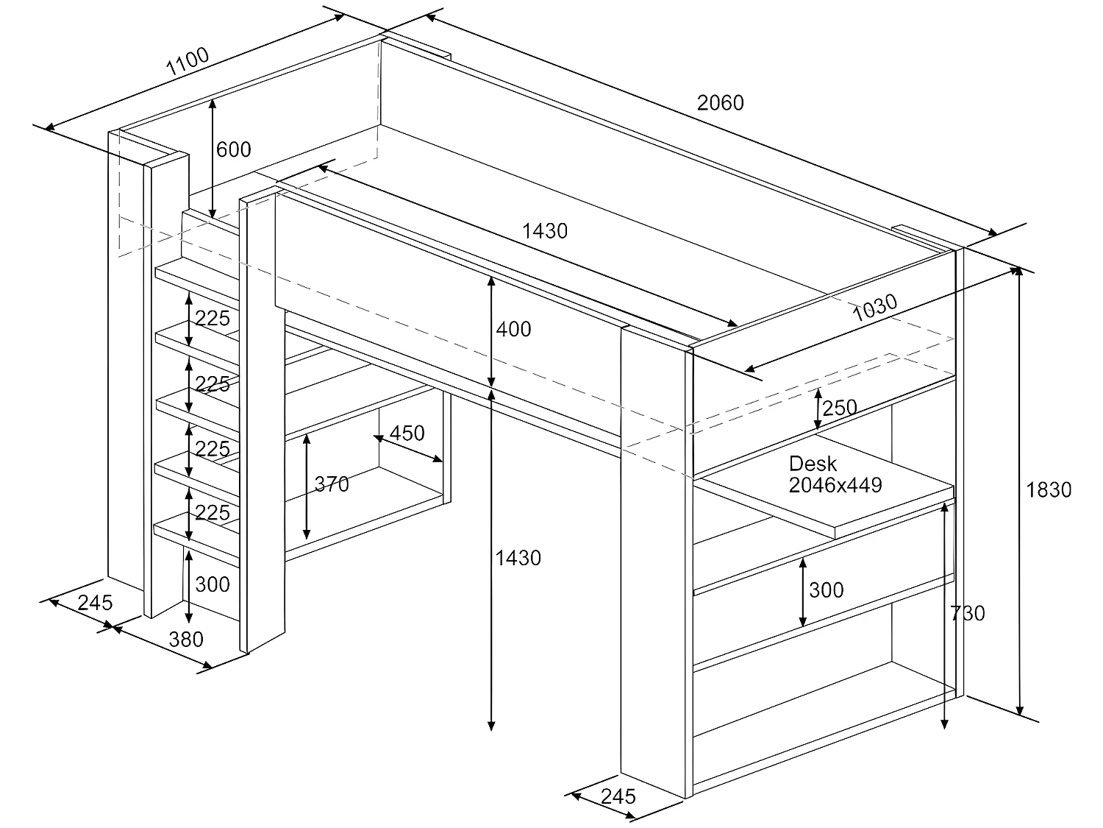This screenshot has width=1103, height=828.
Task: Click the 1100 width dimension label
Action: pos(188,63)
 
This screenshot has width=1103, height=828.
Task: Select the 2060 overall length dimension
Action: pos(720,102)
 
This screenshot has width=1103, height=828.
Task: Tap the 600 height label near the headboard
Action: pos(234,149)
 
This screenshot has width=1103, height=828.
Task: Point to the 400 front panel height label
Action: pos(513,329)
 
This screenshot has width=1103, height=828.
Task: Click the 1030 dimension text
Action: pos(875,308)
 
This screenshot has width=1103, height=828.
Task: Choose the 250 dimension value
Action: pos(840,408)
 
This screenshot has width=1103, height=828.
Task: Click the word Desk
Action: pos(813,464)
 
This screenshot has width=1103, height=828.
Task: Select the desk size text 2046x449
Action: pos(835,485)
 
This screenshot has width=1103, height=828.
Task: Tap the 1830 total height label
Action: pos(1049,489)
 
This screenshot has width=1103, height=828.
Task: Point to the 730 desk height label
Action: pos(967,612)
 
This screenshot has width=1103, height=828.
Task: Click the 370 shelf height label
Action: pos(332,484)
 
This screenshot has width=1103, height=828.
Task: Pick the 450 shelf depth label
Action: pos(407,433)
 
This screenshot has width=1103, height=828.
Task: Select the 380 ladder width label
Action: pos(186,639)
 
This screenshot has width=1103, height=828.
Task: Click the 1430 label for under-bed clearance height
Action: pos(518,558)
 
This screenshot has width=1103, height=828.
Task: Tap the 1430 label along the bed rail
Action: pos(545,230)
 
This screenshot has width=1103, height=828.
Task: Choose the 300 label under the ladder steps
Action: pos(213,584)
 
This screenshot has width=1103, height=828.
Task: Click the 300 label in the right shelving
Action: pos(826,590)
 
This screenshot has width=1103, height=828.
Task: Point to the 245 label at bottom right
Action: pos(618,796)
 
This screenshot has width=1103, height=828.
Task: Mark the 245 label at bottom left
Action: pos(96,603)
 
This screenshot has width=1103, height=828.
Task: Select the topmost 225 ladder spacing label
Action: pos(213,319)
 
